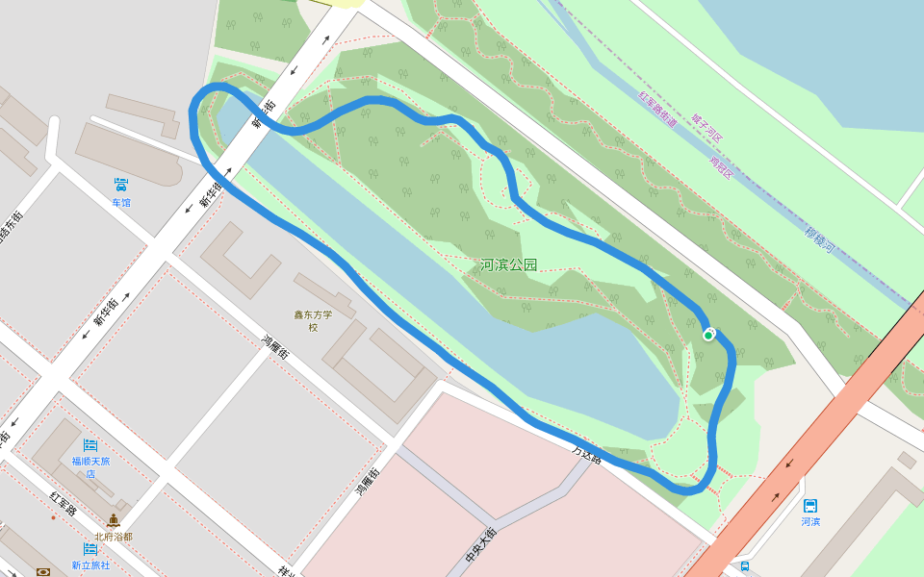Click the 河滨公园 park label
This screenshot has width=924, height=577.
[x=508, y=264]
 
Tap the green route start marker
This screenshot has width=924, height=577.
[x=708, y=335]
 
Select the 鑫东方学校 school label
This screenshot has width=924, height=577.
[x=313, y=320]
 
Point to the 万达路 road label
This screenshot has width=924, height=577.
[x=586, y=454]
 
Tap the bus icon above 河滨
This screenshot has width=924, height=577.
[x=810, y=505]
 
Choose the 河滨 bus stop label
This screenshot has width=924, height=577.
[x=810, y=522]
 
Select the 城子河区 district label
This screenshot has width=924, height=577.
[x=706, y=126]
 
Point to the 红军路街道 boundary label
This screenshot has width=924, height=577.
[x=659, y=111]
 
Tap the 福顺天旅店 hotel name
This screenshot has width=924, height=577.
[x=90, y=466]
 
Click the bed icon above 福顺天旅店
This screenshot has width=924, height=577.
[x=90, y=444]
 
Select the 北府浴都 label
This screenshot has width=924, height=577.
[x=114, y=537]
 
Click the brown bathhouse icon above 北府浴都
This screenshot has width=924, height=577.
[x=114, y=520]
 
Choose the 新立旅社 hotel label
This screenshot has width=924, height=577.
[x=90, y=565]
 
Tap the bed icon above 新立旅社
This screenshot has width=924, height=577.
[x=90, y=549]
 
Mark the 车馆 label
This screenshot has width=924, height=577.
[x=121, y=203]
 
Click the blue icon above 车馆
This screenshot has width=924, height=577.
[x=121, y=184]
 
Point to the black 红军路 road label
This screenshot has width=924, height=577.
[x=64, y=503]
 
